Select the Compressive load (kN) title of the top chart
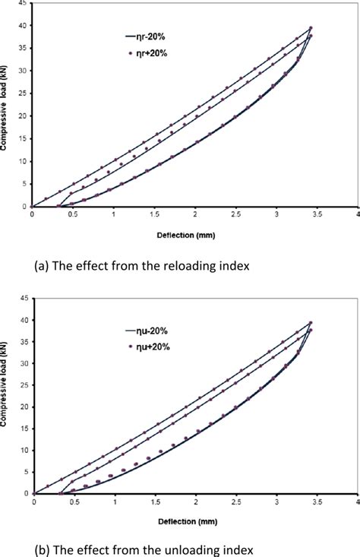tap(6, 106)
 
